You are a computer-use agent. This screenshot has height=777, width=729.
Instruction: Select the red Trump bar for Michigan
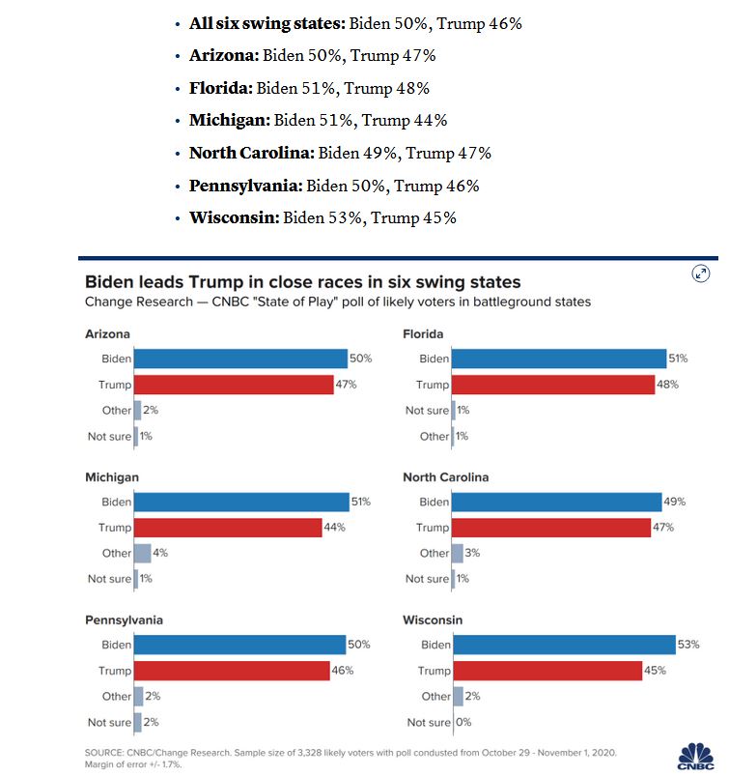227,528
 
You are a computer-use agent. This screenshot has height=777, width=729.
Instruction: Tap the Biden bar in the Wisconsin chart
563,645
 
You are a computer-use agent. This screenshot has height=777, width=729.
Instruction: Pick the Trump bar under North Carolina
550,528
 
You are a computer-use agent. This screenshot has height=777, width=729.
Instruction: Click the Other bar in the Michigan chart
142,553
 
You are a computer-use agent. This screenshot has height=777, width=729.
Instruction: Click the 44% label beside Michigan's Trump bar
335,528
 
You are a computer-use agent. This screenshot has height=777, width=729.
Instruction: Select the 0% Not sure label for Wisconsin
464,722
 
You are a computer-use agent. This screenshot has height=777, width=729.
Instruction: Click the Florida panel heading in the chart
423,334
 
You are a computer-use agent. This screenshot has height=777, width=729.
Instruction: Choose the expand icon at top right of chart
702,273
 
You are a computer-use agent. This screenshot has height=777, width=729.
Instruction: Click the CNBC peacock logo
695,754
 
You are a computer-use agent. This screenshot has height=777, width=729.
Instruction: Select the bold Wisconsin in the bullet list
233,217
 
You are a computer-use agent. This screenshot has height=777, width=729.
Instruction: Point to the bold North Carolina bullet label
251,153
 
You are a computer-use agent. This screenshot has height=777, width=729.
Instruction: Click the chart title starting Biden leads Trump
303,282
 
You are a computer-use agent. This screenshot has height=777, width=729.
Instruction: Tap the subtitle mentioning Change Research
338,302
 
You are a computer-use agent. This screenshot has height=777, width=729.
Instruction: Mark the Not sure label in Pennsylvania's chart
109,722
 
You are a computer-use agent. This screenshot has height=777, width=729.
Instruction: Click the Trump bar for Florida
552,385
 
